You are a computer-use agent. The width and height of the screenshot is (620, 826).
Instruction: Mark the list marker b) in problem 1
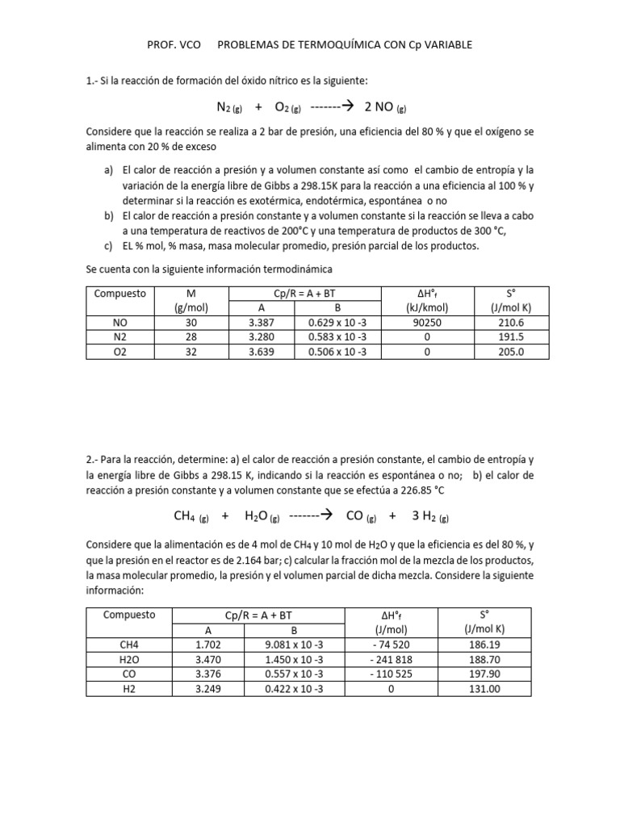coord(108,216)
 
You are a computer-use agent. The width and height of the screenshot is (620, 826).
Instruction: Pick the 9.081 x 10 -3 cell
coord(293,645)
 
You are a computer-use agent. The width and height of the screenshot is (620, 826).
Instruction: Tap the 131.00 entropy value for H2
coord(484,688)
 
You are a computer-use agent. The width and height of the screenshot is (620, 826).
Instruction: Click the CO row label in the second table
coord(129,674)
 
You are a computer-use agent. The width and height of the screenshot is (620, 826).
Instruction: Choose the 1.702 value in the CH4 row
coord(207,645)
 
